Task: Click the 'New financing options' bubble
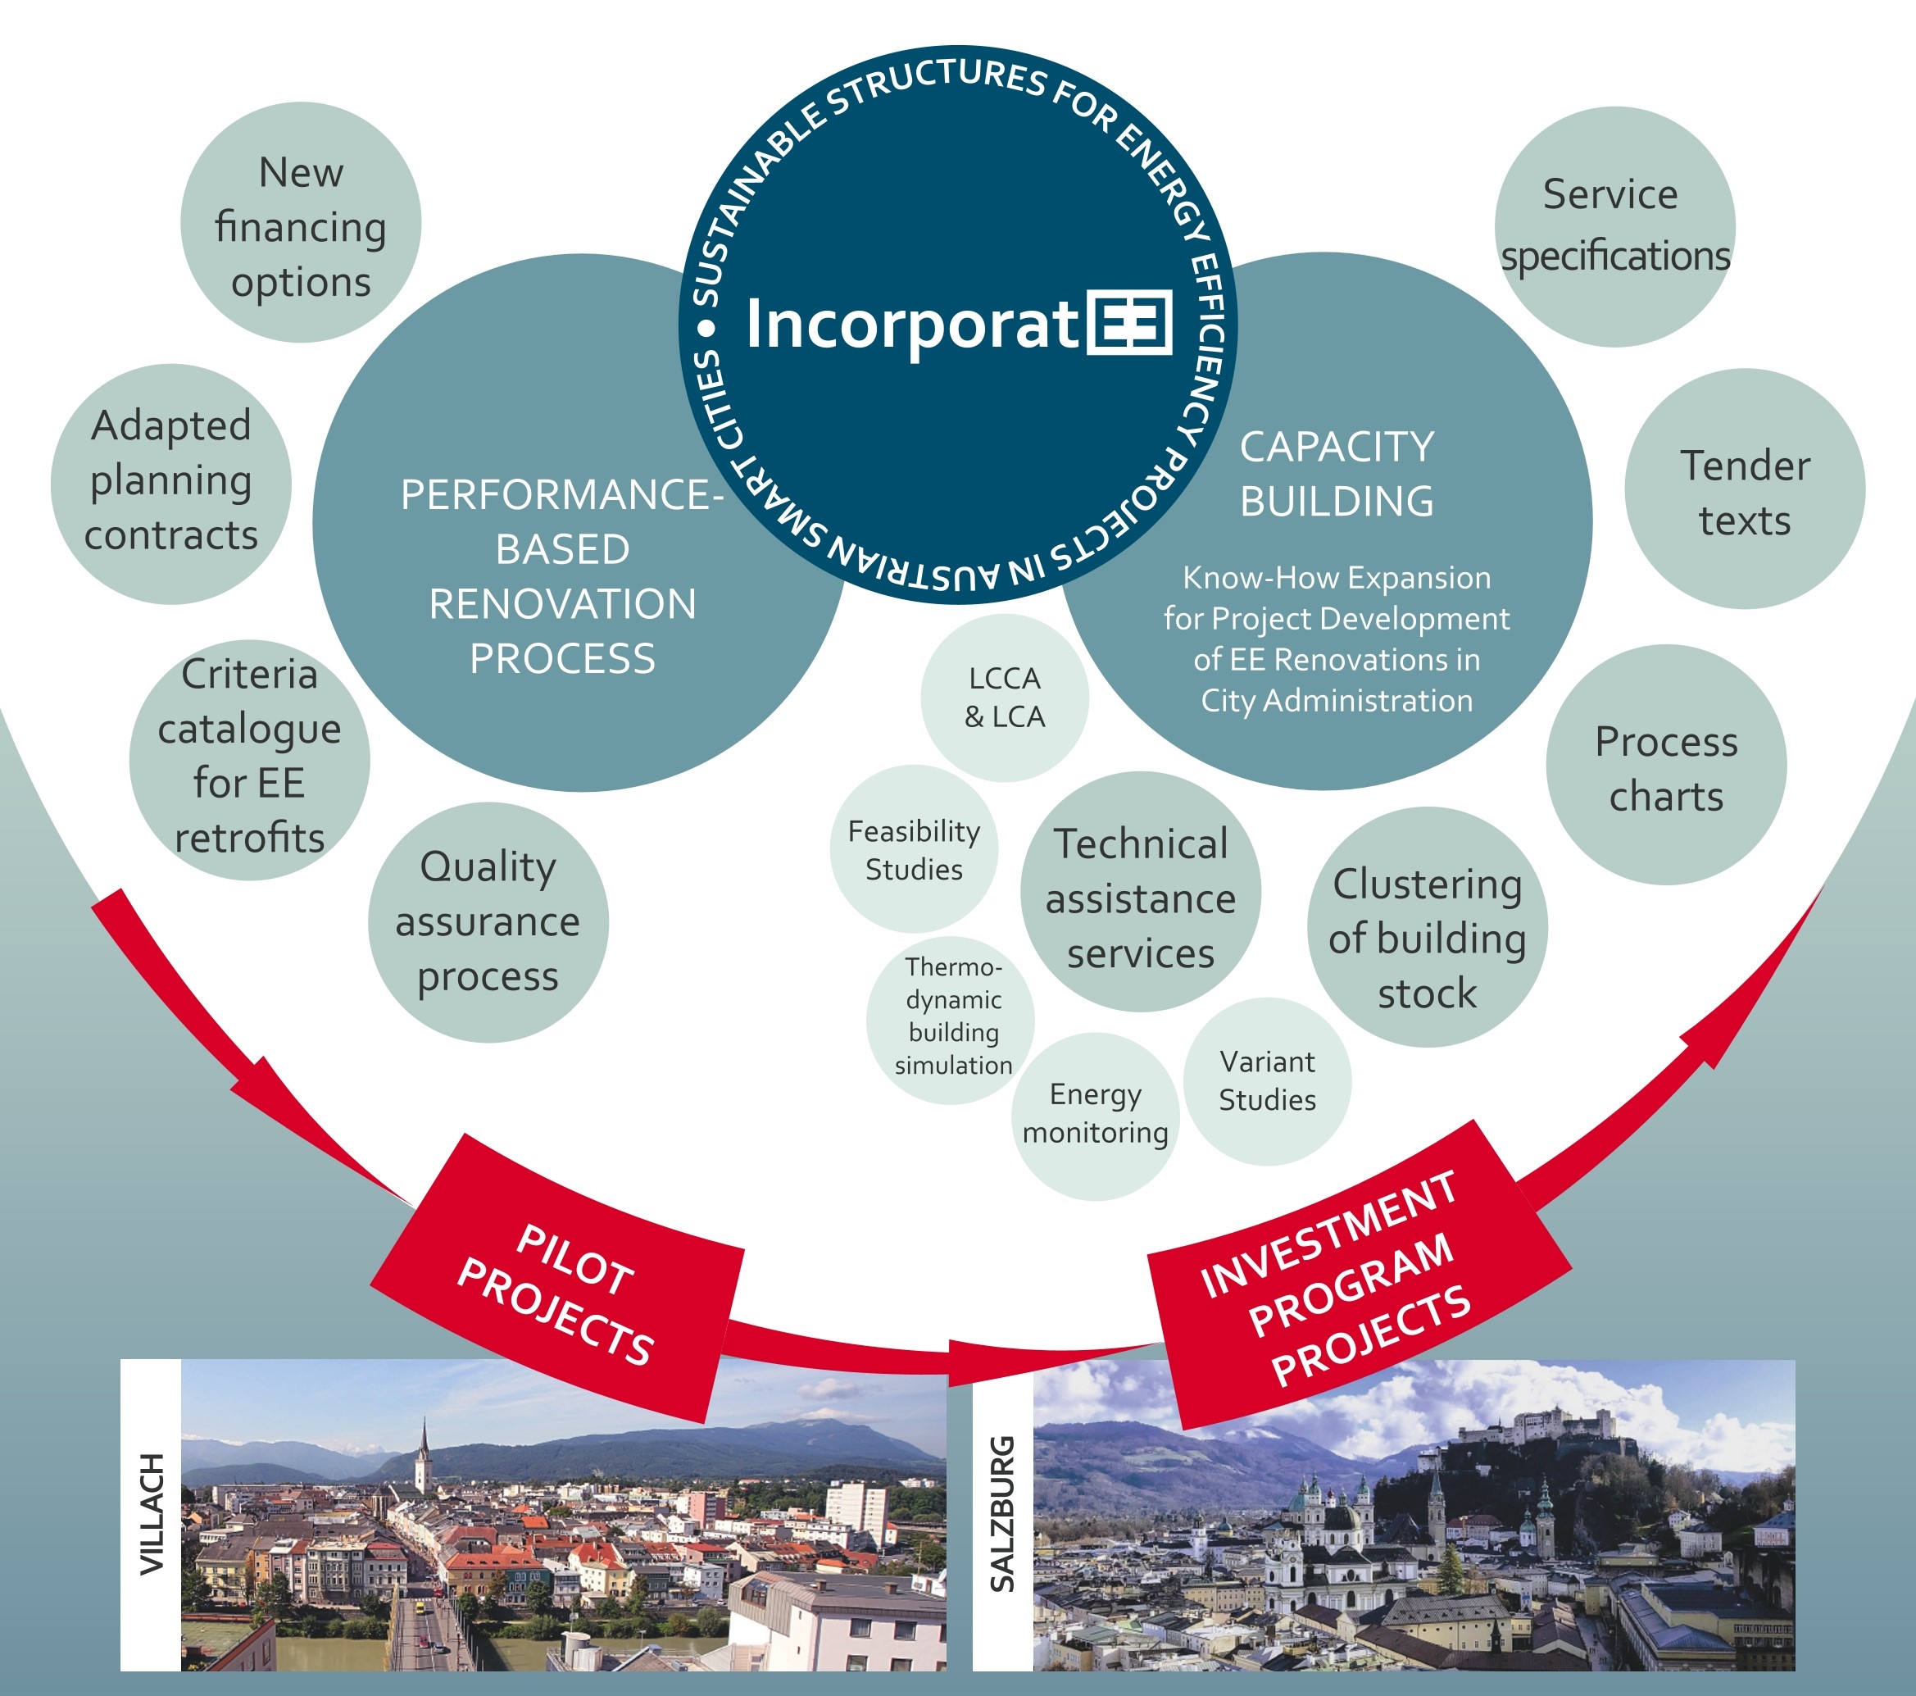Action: click(x=300, y=223)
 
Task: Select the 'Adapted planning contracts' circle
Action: click(x=170, y=484)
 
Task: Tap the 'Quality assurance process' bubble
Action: click(x=488, y=921)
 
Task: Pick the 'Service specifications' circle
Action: click(x=1614, y=226)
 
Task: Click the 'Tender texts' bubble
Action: click(x=1745, y=489)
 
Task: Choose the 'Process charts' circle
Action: click(x=1666, y=765)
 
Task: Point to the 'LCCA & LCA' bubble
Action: click(x=1004, y=698)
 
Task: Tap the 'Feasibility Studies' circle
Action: click(x=913, y=849)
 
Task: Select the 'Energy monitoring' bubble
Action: click(x=1095, y=1116)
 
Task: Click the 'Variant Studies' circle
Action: click(x=1267, y=1081)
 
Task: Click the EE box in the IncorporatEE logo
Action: click(x=1129, y=322)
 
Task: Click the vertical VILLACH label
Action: click(x=151, y=1514)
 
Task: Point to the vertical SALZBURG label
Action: click(x=1002, y=1514)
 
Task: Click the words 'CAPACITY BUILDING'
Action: click(x=1337, y=475)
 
